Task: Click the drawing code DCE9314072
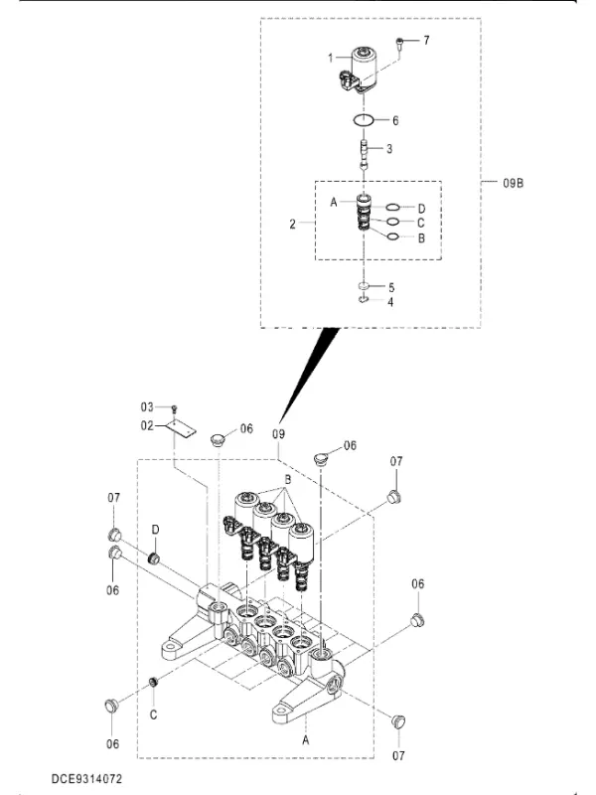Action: [x=86, y=779]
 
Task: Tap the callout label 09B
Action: [x=513, y=183]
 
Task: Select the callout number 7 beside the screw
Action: [x=426, y=40]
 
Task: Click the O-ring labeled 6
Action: [x=364, y=120]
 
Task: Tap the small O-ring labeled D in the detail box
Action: [x=392, y=207]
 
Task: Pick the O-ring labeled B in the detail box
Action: [x=392, y=236]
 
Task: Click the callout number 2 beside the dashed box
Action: [x=292, y=224]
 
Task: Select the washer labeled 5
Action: [x=364, y=287]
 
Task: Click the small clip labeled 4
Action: [x=364, y=300]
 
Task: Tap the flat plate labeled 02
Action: [x=182, y=429]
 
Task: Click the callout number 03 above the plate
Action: [x=147, y=407]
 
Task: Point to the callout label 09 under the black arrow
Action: [x=279, y=434]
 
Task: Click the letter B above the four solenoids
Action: [x=287, y=479]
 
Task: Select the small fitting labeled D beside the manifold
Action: [x=153, y=558]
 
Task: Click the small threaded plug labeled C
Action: [x=151, y=683]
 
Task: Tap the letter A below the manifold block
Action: [x=306, y=740]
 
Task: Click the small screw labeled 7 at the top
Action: [x=399, y=45]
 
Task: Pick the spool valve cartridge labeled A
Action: [x=365, y=214]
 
